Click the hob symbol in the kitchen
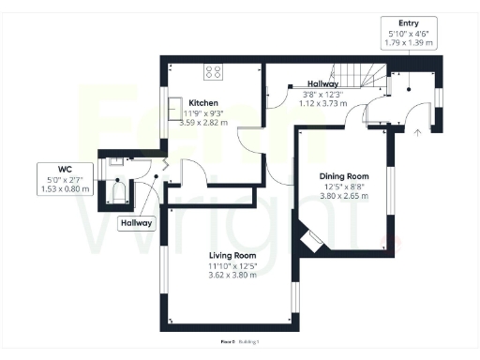click(213, 69)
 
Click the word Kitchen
click(203, 102)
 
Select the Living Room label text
click(232, 255)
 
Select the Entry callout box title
click(409, 22)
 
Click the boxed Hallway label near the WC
click(134, 224)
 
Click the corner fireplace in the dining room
click(311, 241)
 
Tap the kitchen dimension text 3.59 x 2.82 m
click(203, 123)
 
